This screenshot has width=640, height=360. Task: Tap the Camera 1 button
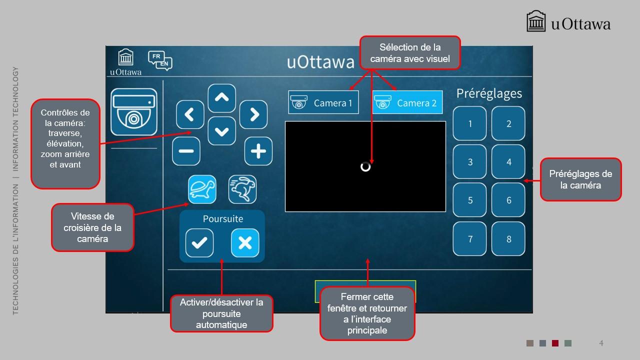323,102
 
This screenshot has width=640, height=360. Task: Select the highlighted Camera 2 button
407,102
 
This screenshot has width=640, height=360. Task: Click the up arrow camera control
221,98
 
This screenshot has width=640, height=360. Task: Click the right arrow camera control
253,114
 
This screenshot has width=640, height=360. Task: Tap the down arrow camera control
221,131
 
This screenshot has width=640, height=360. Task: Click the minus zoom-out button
186,151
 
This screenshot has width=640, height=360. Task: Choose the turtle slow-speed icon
202,189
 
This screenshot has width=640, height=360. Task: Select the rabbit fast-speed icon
242,189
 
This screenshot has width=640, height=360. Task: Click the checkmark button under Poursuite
199,243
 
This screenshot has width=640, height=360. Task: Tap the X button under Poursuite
245,243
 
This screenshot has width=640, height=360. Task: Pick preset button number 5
469,200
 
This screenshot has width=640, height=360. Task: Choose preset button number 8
508,239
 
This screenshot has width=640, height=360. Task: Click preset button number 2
508,123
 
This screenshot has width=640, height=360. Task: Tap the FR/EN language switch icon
160,60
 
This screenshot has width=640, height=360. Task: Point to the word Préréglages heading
489,93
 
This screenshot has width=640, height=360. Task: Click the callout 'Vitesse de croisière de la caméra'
92,227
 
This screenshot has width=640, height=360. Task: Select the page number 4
601,343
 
